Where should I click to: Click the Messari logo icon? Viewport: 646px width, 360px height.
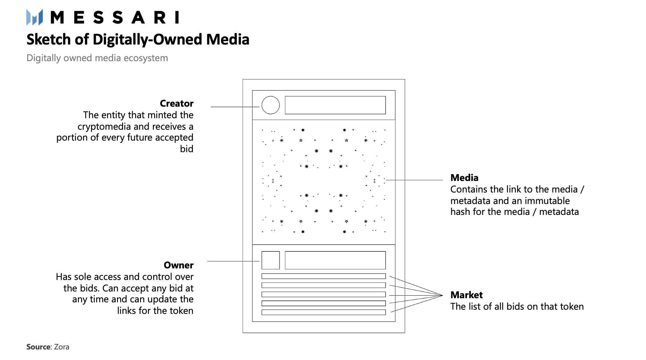click(x=34, y=17)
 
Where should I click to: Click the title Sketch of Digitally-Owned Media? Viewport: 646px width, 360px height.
click(x=138, y=39)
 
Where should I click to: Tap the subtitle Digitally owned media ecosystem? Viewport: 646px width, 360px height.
click(x=97, y=58)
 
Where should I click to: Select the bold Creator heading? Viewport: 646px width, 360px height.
click(x=177, y=103)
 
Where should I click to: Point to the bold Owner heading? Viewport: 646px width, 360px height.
click(x=178, y=265)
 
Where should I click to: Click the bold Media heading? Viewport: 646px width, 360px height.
click(x=464, y=178)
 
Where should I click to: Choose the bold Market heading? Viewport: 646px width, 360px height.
click(x=467, y=295)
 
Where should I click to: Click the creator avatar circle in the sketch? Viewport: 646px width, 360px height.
click(x=270, y=105)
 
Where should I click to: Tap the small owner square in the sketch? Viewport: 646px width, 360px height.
click(x=270, y=260)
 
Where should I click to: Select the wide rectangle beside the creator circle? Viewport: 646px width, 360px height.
click(x=335, y=105)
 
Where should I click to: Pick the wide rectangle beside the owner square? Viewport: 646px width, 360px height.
click(x=335, y=260)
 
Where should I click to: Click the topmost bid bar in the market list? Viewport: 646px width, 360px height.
click(x=323, y=276)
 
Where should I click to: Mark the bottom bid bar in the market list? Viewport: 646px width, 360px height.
click(x=323, y=312)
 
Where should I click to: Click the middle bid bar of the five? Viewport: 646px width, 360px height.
click(x=323, y=294)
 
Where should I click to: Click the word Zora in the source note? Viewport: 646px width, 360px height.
click(x=62, y=347)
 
